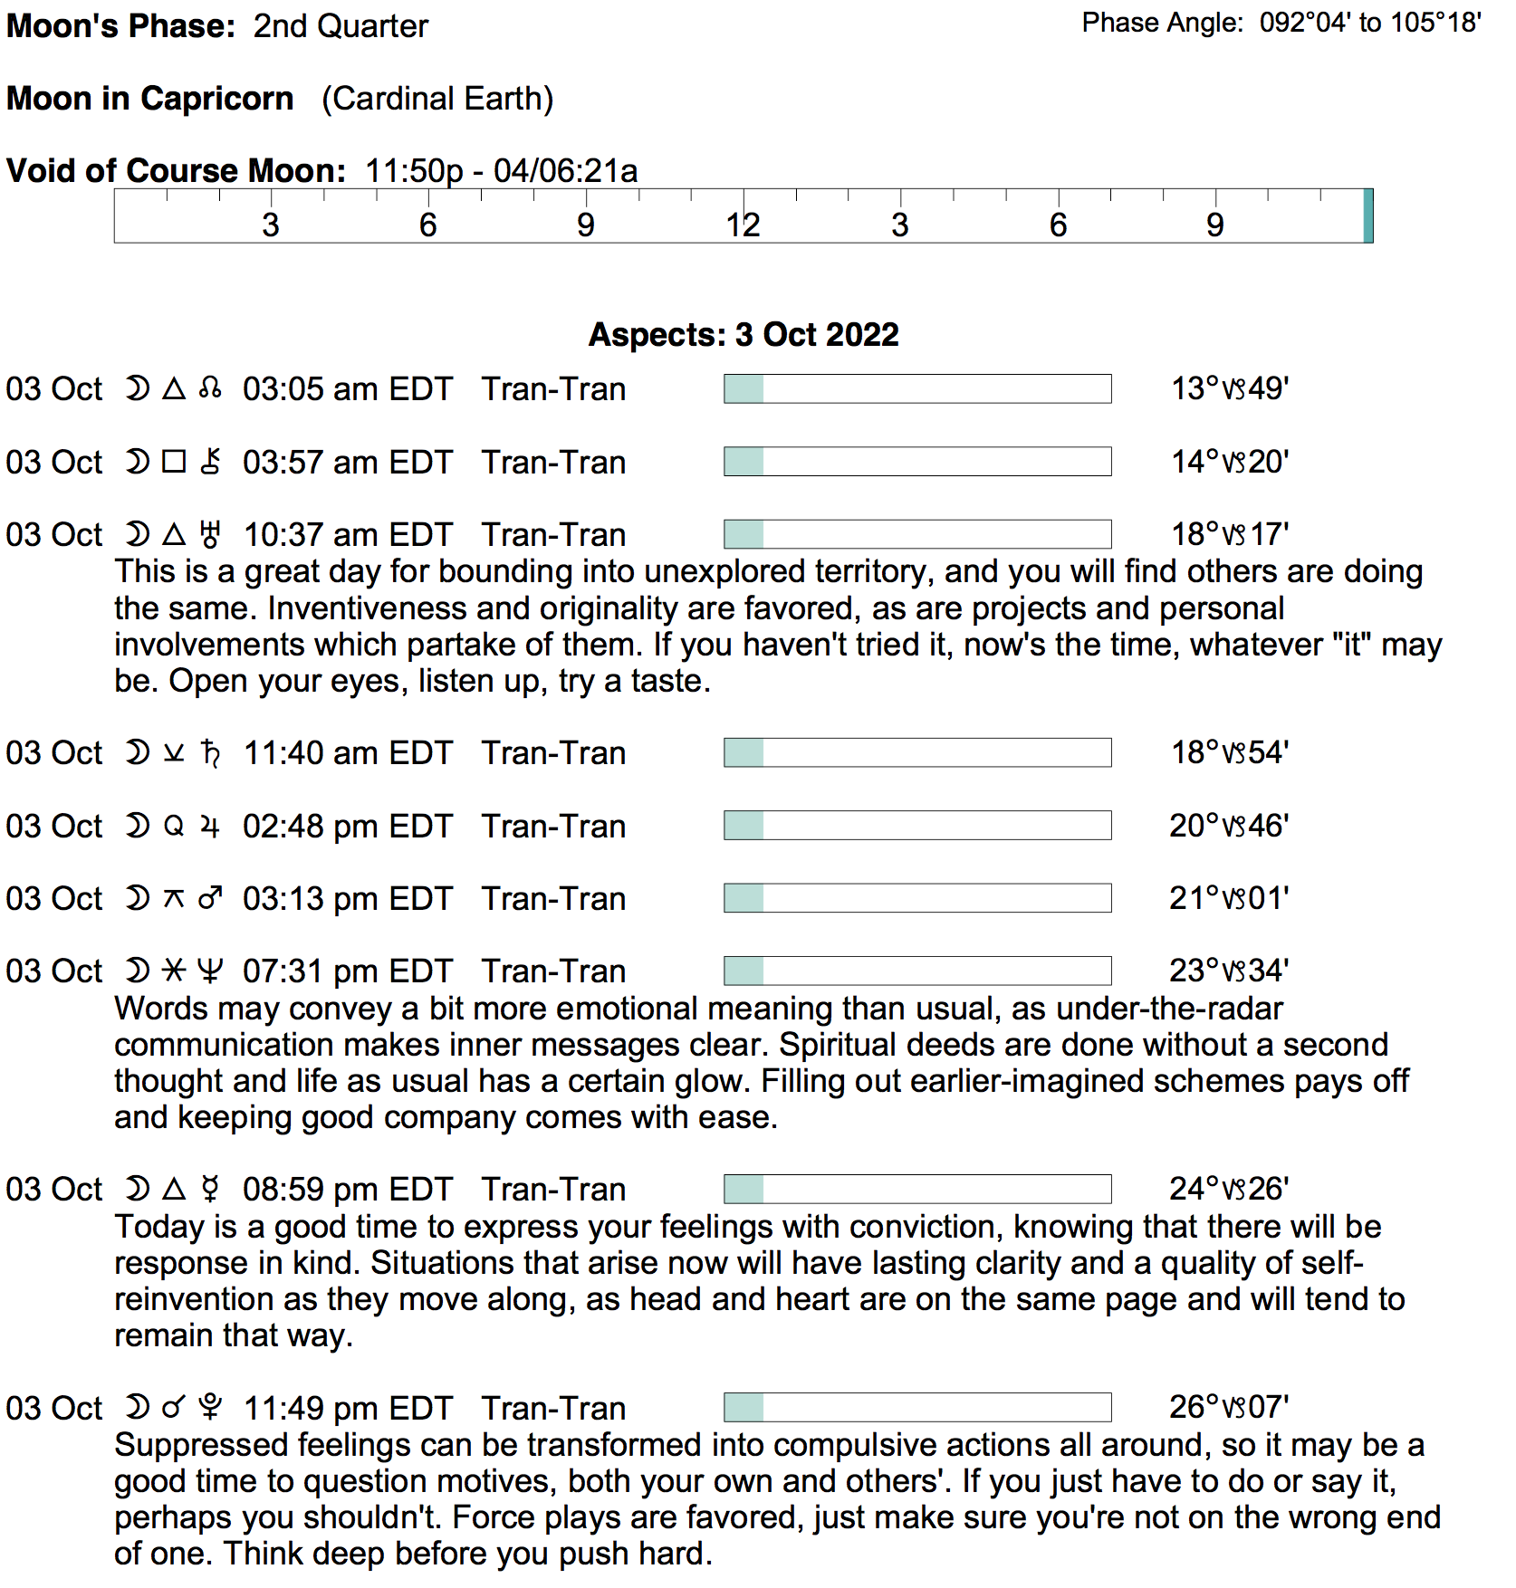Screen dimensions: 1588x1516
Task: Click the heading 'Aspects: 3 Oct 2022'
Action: [x=744, y=335]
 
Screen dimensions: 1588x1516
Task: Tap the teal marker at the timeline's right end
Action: [x=1367, y=215]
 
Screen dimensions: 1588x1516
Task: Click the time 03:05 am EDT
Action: [x=347, y=389]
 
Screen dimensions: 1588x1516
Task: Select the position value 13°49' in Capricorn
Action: [x=1230, y=389]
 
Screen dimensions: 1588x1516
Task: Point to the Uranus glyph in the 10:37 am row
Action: [x=210, y=535]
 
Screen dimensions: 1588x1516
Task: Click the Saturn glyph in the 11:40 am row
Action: [x=210, y=753]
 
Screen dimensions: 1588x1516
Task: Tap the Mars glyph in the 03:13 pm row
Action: [x=210, y=899]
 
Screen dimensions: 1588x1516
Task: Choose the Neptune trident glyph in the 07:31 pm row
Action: [x=210, y=971]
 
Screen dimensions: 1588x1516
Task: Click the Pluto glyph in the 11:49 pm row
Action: [x=210, y=1408]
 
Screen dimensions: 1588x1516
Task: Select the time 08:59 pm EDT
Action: [x=347, y=1190]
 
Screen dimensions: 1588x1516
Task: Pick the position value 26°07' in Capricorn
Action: [x=1229, y=1408]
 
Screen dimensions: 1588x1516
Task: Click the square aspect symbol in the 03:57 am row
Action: [x=174, y=463]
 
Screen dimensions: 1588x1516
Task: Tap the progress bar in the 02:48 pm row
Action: [x=917, y=826]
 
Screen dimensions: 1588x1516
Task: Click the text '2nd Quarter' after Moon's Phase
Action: [x=341, y=26]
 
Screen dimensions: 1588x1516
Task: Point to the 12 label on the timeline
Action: [x=743, y=225]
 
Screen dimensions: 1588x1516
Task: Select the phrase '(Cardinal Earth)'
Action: [x=437, y=99]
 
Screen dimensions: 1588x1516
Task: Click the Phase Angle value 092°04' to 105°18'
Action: [x=1370, y=23]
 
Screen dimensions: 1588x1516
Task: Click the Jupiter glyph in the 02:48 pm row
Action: [x=210, y=827]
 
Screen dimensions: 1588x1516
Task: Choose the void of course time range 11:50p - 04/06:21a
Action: [x=502, y=171]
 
